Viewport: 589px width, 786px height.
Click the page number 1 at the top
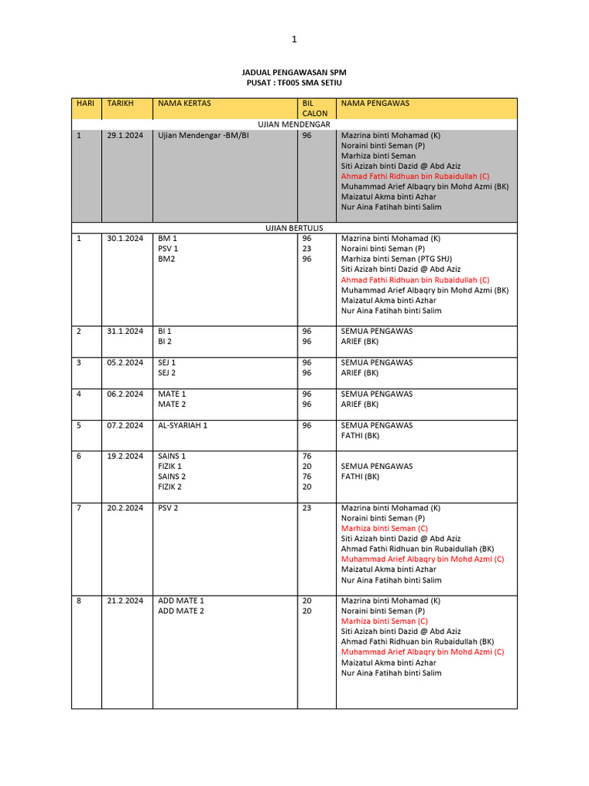(x=294, y=39)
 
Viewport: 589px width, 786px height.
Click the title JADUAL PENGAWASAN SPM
(x=294, y=71)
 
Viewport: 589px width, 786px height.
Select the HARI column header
(x=84, y=103)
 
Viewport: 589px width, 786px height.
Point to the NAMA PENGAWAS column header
(x=375, y=103)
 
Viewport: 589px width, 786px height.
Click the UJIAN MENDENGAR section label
(x=294, y=124)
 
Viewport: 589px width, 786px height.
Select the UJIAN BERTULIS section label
(x=294, y=228)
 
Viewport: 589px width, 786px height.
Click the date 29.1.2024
(x=125, y=135)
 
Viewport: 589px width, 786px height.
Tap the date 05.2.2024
(x=125, y=362)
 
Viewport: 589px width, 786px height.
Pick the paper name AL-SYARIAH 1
(x=183, y=425)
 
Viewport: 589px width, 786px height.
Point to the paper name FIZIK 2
(x=169, y=487)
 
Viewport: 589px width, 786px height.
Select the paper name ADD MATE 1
(x=181, y=601)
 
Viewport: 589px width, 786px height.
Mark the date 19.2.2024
(x=125, y=456)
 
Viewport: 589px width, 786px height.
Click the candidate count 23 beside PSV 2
(x=307, y=508)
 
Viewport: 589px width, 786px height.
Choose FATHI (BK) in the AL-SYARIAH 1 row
(x=360, y=435)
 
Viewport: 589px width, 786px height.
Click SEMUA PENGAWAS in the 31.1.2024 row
(x=377, y=332)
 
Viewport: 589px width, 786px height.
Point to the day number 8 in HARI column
(x=79, y=601)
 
